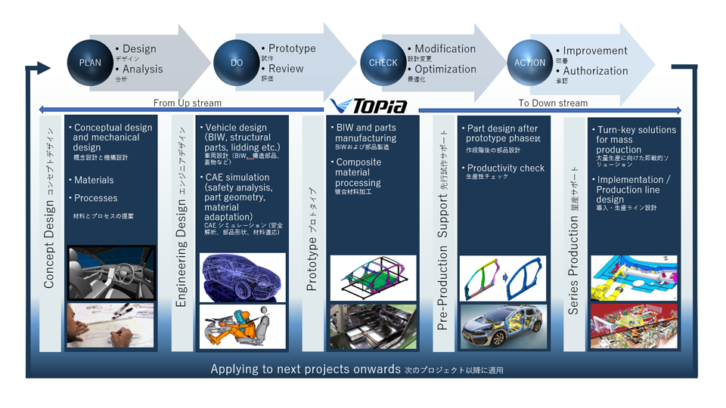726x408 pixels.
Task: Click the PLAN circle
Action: (x=90, y=62)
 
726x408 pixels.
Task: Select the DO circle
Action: (x=237, y=62)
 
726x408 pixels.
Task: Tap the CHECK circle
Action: (x=383, y=62)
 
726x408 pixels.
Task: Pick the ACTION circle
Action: (x=529, y=62)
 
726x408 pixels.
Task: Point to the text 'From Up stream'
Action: (x=188, y=103)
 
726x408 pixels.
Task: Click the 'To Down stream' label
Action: (x=553, y=103)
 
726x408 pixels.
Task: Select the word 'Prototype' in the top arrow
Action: (x=292, y=48)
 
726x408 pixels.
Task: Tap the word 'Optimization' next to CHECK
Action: (x=445, y=69)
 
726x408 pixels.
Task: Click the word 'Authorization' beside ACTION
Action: (x=595, y=71)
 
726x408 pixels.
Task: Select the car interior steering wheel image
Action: (x=110, y=274)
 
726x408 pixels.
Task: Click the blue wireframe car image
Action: (x=243, y=276)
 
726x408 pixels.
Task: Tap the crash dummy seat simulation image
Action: (x=243, y=326)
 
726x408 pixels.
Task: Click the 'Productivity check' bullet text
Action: (x=505, y=168)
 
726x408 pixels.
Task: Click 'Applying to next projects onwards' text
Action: (x=305, y=369)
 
